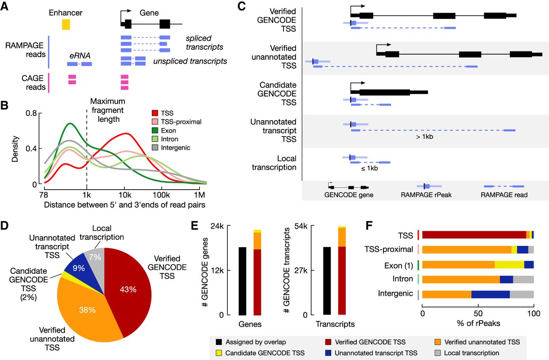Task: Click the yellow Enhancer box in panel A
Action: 66,24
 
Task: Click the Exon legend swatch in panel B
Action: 157,130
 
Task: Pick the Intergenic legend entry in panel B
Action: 173,148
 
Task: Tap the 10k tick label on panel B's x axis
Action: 124,194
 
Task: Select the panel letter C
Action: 241,7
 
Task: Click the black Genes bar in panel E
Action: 242,281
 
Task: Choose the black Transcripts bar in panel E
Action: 327,281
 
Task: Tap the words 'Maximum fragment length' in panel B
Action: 108,110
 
